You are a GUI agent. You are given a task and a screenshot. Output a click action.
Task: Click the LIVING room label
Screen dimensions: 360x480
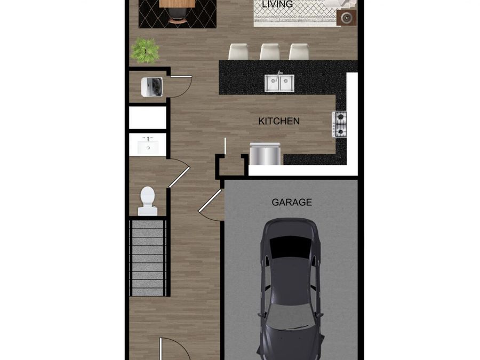[277, 4]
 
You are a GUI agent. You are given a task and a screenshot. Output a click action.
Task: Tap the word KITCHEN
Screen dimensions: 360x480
[279, 122]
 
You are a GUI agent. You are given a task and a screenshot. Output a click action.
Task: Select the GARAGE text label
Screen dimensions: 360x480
[292, 203]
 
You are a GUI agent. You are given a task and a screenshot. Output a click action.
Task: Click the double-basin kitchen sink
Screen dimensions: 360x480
[279, 83]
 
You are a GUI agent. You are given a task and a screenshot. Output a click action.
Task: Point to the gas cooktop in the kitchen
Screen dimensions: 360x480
[340, 124]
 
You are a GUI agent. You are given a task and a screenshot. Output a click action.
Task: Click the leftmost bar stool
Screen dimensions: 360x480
[238, 52]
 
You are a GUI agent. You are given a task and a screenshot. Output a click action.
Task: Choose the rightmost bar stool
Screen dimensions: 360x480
[299, 52]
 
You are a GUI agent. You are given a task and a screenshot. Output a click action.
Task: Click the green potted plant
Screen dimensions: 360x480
[145, 50]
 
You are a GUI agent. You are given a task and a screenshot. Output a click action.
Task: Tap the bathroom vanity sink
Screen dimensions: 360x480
[148, 145]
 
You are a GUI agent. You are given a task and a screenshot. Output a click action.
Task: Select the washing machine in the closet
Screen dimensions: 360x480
[152, 87]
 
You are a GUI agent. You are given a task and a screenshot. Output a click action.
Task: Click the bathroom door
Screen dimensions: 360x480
[179, 176]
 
